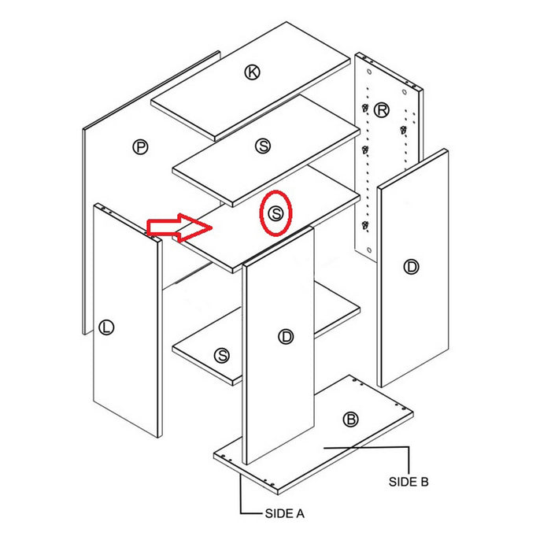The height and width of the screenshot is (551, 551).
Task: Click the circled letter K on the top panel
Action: pos(253,72)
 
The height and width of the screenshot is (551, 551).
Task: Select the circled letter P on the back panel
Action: pos(141,147)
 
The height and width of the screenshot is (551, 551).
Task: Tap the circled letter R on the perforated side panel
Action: pos(381,110)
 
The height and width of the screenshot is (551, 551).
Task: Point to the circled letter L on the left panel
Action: pos(106,327)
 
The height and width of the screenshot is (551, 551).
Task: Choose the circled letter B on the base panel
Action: pos(350,420)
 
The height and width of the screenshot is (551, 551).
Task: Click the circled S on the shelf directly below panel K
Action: pos(263,146)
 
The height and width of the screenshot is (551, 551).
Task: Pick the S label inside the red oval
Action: pos(275,213)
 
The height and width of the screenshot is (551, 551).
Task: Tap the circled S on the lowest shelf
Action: pos(222,355)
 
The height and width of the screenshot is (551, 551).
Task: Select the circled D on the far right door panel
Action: pos(411,267)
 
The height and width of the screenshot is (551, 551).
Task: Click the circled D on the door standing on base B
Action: pos(286,337)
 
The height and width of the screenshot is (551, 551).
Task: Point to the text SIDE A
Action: pos(285,514)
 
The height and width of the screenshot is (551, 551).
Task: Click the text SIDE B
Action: pos(409,482)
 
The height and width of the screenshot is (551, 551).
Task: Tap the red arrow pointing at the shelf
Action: pos(179,227)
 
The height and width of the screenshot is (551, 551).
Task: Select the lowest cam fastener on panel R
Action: pos(365,225)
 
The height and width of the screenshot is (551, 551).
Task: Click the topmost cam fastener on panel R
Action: pos(365,108)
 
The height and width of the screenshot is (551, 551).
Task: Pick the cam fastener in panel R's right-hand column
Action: pos(403,130)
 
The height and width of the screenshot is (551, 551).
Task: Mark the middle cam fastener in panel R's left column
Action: pos(365,150)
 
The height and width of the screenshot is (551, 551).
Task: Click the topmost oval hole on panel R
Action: pos(369,72)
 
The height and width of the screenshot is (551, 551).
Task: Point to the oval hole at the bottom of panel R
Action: pos(369,250)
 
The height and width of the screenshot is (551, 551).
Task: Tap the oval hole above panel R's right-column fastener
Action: pos(405,92)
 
